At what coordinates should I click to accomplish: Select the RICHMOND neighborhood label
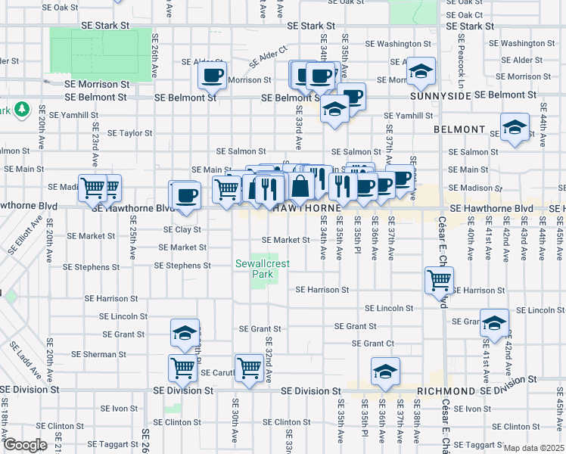coord(446,391)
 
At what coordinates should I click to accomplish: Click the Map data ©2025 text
coord(533,448)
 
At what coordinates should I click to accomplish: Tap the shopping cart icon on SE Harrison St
coord(440,280)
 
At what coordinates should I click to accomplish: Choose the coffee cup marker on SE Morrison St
coord(212,76)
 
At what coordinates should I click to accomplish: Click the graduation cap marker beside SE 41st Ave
coord(494,323)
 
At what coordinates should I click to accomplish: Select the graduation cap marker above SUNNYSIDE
coord(421,72)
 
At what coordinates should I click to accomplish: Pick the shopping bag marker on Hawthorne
coord(300,185)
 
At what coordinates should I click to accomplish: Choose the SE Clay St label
coord(183,229)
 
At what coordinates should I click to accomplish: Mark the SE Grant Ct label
coord(374,344)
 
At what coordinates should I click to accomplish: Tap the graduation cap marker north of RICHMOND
coord(384,371)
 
